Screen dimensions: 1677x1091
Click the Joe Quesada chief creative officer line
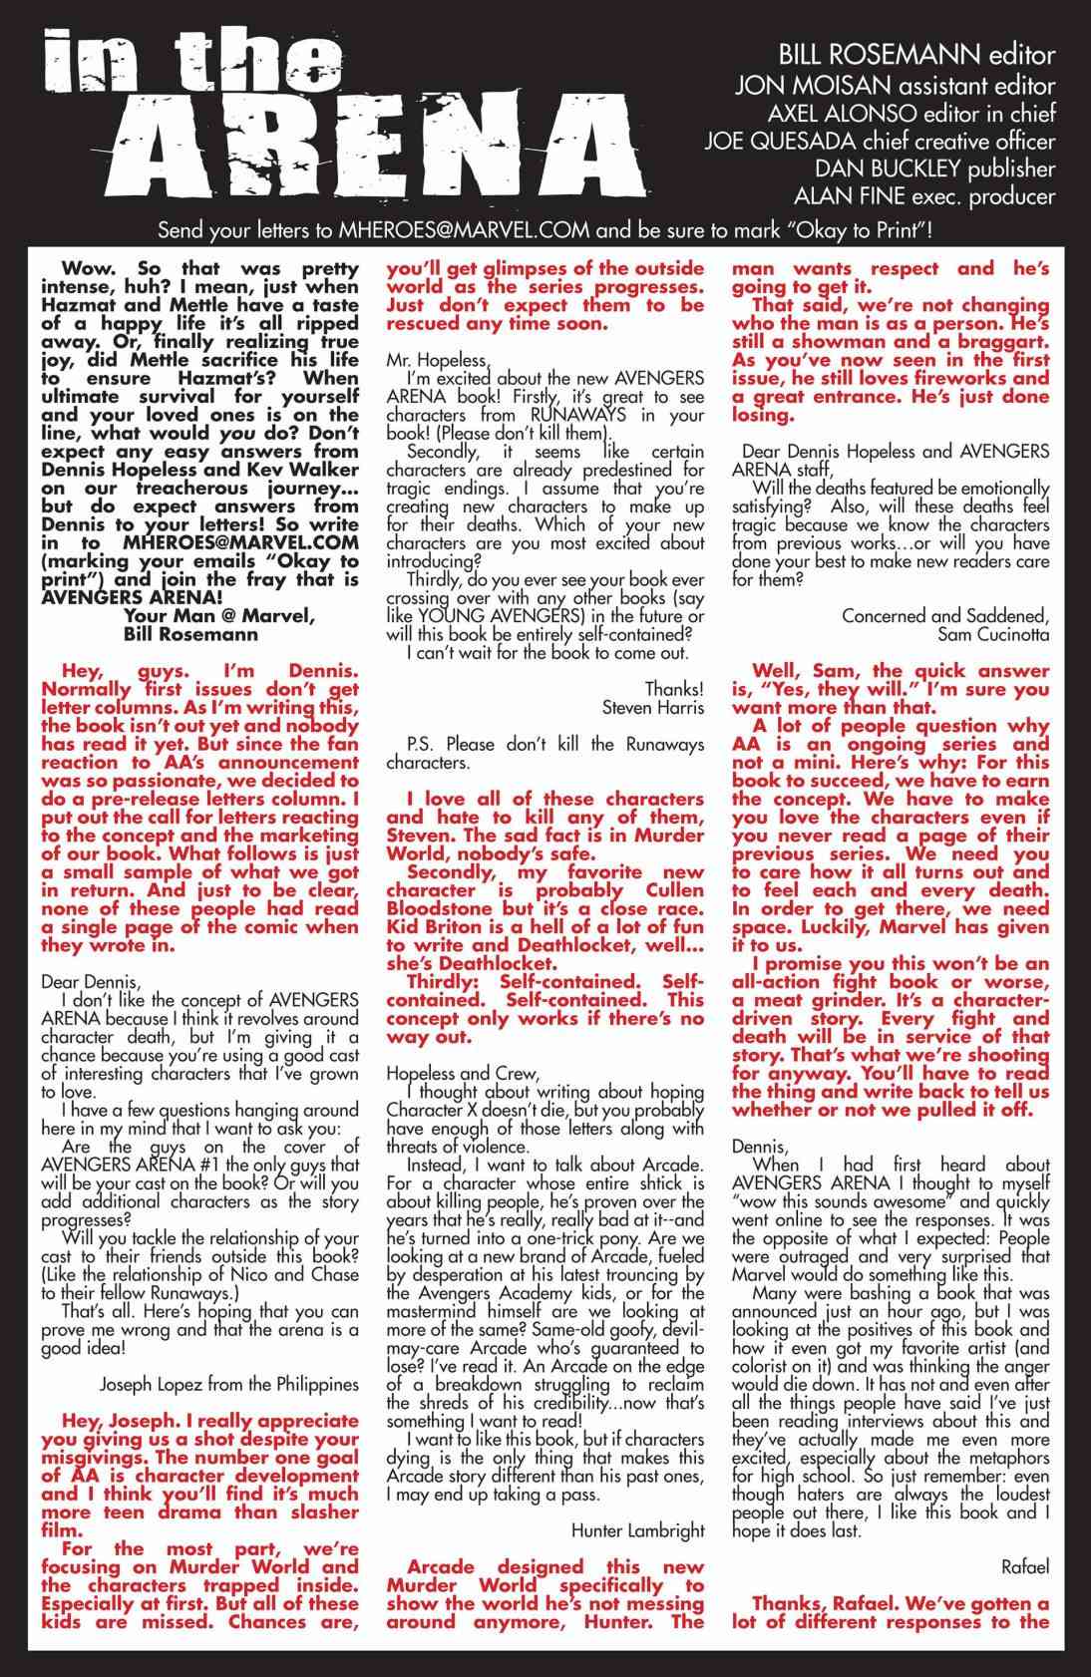tap(879, 140)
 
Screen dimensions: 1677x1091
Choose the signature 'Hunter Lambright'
tap(638, 1529)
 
